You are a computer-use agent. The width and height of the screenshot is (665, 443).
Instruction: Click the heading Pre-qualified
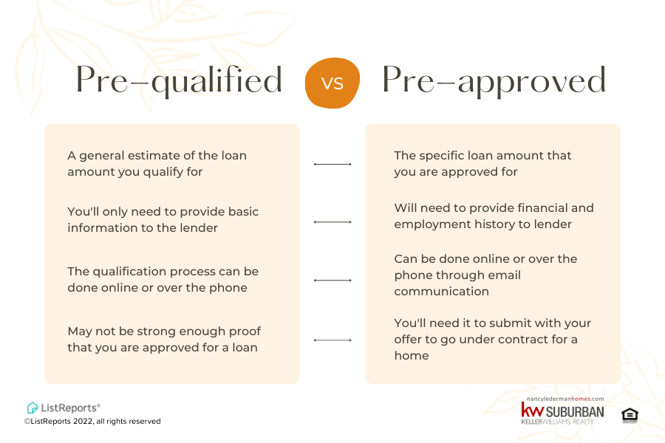(179, 80)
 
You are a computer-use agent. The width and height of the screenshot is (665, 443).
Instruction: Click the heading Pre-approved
(494, 80)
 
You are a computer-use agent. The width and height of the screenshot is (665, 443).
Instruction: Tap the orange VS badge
(332, 83)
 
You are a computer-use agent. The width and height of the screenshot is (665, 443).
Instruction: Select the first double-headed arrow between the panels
(332, 164)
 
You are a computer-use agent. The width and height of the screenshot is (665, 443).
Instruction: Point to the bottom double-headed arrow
(332, 340)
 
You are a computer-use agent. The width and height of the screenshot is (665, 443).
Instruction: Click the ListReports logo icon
(33, 408)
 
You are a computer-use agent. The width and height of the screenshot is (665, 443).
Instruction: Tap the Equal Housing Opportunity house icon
(630, 414)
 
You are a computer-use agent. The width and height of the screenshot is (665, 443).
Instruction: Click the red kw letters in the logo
(532, 411)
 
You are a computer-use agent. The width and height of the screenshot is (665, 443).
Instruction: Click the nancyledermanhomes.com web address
(562, 399)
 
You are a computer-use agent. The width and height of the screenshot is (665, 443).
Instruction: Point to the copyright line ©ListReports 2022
(92, 422)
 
